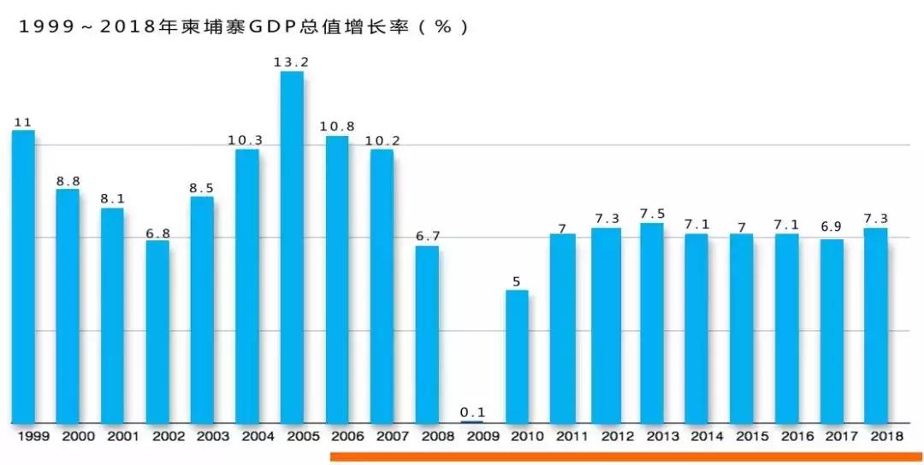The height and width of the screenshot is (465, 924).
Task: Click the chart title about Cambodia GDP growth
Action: tap(245, 26)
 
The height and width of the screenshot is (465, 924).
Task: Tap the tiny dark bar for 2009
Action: tap(472, 421)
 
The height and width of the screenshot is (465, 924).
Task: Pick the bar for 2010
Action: tap(517, 356)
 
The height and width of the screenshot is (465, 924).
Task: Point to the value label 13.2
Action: tap(292, 62)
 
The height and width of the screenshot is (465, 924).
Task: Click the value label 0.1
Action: tap(472, 412)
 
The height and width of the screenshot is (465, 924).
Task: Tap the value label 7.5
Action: tap(652, 213)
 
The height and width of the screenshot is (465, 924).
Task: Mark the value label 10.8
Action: tap(337, 127)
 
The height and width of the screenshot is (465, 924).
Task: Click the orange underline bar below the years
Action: tap(625, 456)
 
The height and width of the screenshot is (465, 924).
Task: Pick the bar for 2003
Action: tap(202, 309)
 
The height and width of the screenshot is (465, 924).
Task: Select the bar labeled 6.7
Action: tap(427, 334)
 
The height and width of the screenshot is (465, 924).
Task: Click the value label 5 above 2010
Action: tap(517, 280)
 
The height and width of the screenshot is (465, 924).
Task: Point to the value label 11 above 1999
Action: tap(23, 122)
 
